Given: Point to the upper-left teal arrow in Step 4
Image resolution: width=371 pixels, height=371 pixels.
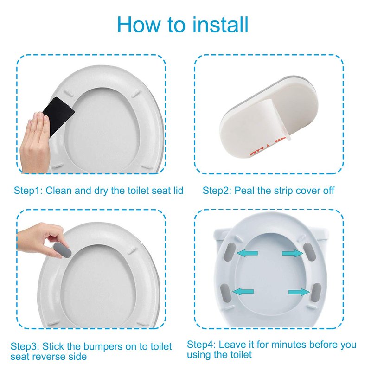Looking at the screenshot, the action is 247,253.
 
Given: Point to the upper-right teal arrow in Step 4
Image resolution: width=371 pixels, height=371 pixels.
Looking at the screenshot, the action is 293,253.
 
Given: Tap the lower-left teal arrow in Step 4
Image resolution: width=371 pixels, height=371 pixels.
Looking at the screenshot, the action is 243,292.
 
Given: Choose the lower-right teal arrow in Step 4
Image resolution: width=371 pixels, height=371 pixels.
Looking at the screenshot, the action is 299,292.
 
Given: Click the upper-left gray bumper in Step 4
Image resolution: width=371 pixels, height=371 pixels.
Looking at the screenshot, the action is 230,252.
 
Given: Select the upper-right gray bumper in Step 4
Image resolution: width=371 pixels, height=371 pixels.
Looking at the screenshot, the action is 309,251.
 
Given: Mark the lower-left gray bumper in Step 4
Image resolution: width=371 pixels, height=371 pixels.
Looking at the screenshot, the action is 225,294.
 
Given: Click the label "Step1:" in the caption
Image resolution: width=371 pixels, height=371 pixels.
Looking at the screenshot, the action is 28,191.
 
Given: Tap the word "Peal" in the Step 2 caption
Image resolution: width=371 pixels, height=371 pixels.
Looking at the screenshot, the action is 244,191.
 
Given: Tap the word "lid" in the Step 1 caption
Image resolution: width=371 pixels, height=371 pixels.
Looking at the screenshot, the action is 179,191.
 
